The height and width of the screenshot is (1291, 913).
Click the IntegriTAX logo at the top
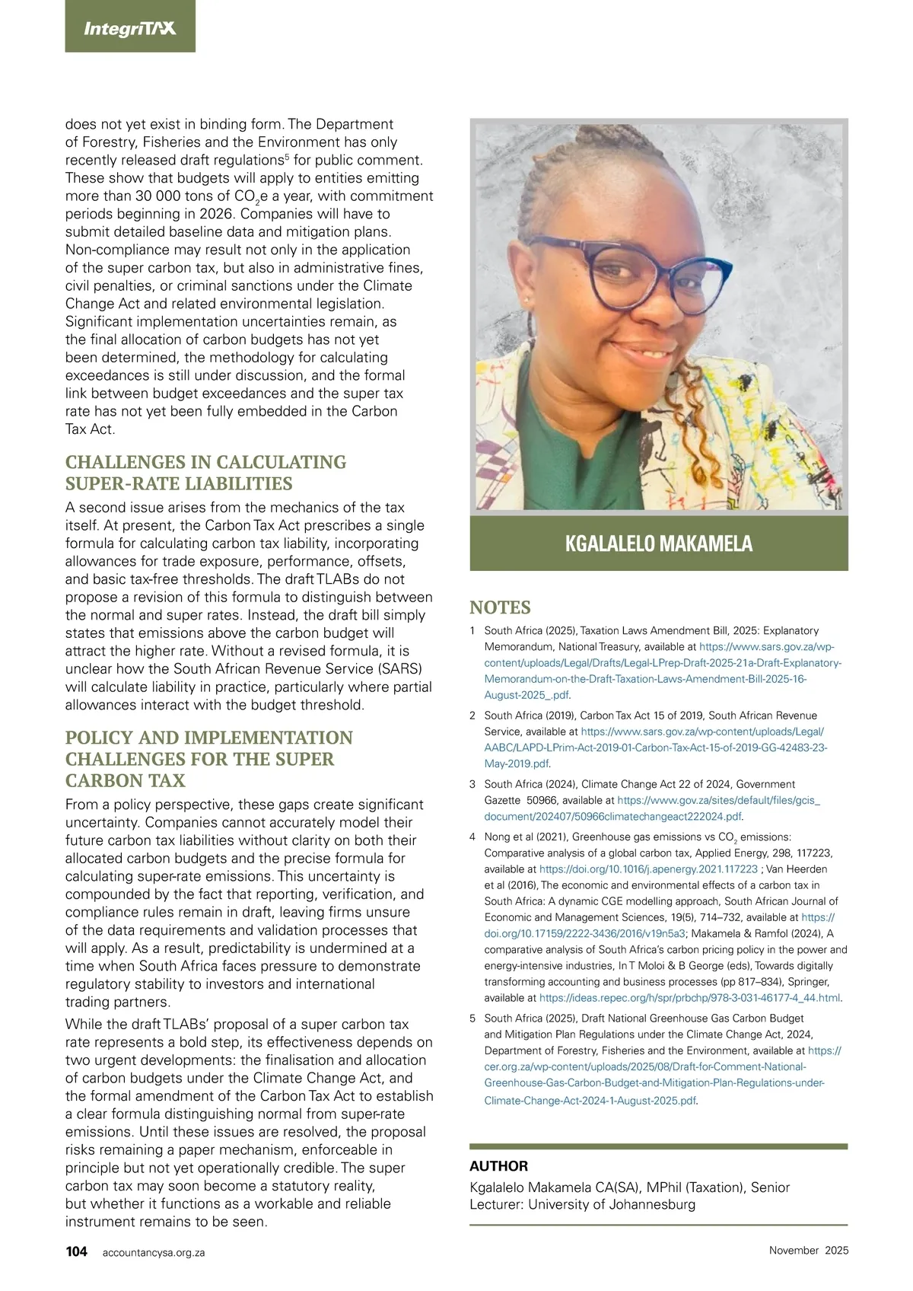[130, 29]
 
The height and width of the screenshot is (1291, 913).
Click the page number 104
[76, 1251]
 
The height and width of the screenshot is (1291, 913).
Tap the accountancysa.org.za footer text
[154, 1252]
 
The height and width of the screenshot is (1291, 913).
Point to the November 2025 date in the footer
[808, 1250]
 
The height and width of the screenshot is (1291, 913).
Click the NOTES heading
[500, 607]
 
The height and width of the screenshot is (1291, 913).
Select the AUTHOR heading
[498, 1166]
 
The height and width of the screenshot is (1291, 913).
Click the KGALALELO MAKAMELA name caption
[658, 543]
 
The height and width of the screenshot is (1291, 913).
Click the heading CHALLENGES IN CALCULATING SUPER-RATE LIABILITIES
[205, 473]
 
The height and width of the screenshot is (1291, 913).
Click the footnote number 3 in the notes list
[472, 784]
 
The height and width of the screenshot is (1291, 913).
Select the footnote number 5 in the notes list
[472, 1018]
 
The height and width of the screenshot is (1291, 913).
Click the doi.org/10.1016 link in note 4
[648, 869]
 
